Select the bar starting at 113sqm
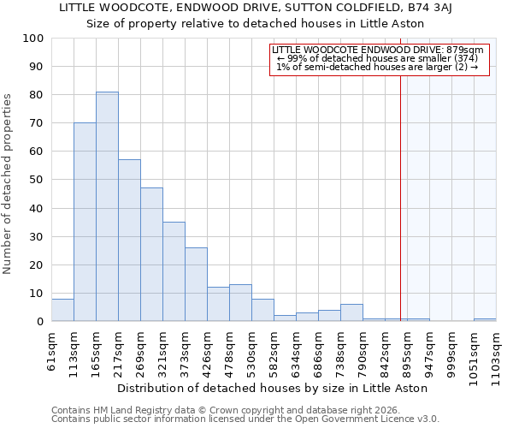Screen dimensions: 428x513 click(x=85, y=222)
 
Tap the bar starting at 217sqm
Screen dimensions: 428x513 click(x=129, y=241)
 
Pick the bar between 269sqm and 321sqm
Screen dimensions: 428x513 click(x=151, y=254)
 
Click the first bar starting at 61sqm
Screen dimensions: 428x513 click(x=62, y=310)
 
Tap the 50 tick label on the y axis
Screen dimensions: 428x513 click(x=36, y=180)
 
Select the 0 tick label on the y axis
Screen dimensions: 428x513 click(x=39, y=322)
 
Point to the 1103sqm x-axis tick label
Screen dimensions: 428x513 click(x=497, y=354)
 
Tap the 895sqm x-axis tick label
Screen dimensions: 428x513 click(x=408, y=351)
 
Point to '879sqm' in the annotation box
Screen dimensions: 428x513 click(x=469, y=50)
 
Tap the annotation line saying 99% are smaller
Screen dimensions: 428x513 click(x=378, y=58)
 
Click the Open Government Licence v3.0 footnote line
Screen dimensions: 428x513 click(x=245, y=419)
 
